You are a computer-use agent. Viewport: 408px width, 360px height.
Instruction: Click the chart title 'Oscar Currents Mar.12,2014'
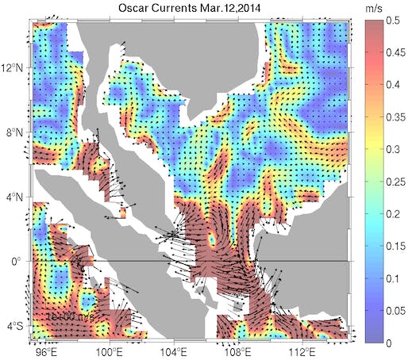(x=188, y=10)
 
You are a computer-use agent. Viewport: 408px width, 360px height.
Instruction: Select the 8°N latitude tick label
(x=13, y=132)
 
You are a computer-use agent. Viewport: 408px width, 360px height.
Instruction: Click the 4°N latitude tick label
(x=13, y=197)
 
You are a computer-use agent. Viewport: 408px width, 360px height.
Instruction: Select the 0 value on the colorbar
(x=392, y=343)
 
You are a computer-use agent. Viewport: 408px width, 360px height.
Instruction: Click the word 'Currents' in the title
(x=172, y=10)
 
